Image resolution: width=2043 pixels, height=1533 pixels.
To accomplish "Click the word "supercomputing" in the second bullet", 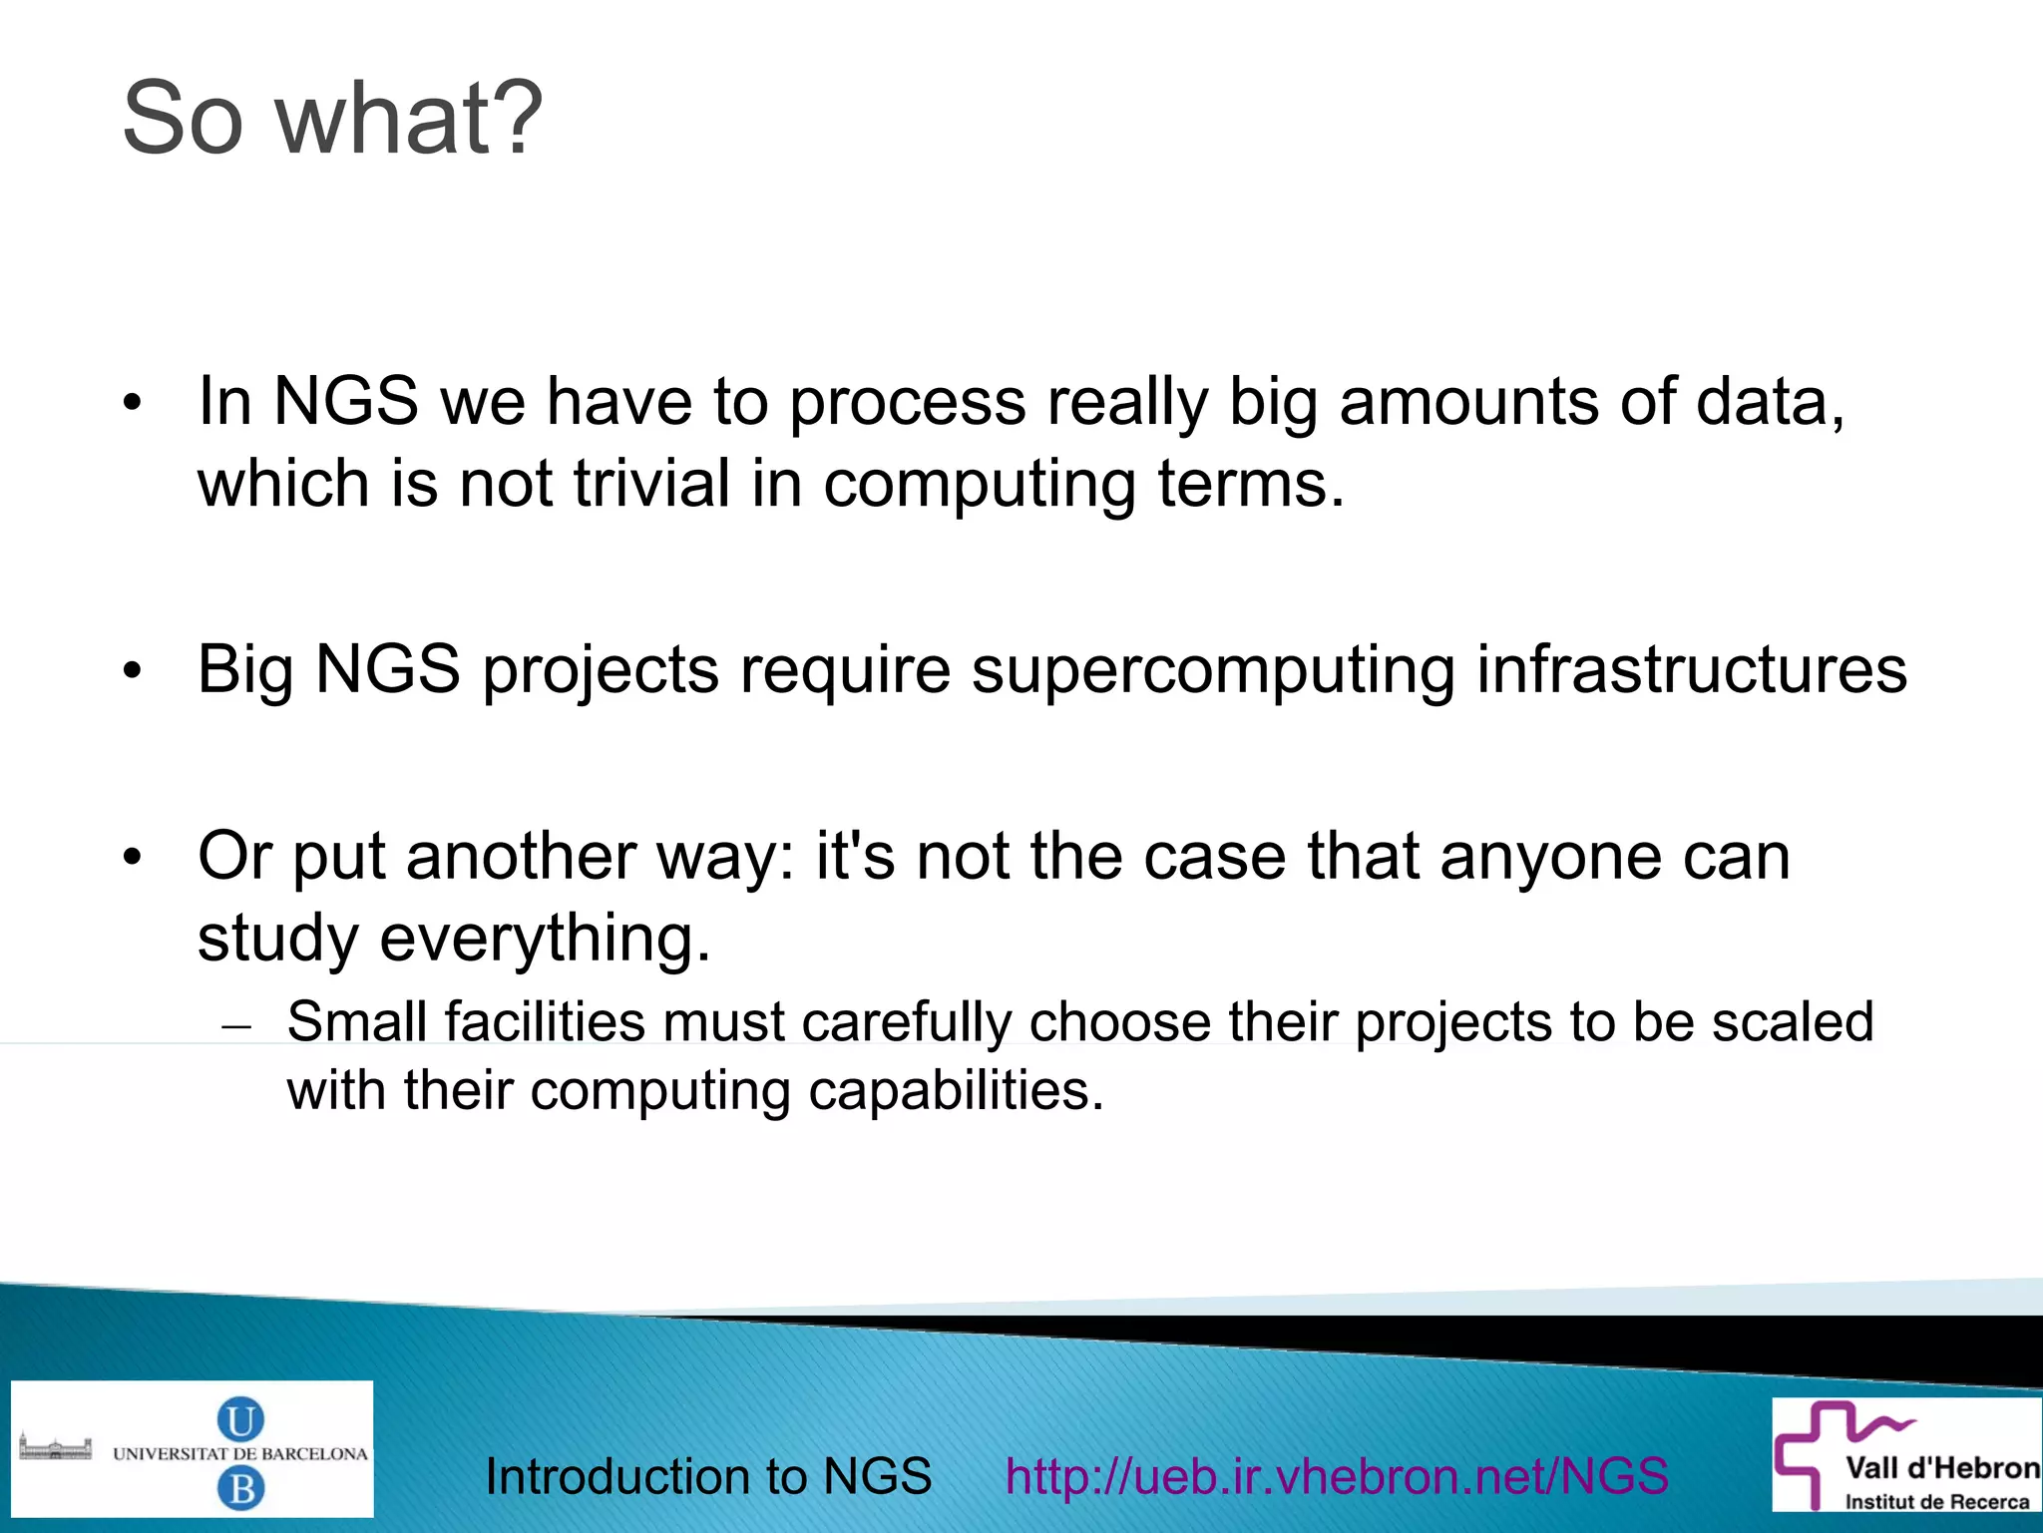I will [1213, 669].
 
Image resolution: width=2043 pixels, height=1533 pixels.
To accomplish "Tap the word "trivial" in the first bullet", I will [651, 485].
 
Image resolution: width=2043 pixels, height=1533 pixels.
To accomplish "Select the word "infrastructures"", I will [1691, 669].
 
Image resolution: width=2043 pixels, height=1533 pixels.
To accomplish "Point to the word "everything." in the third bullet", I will [545, 939].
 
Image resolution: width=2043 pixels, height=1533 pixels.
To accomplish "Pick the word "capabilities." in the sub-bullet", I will [956, 1090].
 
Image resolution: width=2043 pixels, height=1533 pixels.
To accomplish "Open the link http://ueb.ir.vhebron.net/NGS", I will [1337, 1476].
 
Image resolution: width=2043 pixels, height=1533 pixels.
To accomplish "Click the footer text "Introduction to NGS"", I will [708, 1476].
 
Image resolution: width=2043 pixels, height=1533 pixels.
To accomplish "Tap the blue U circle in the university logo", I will [240, 1418].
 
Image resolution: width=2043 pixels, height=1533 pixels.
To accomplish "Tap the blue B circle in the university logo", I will [240, 1489].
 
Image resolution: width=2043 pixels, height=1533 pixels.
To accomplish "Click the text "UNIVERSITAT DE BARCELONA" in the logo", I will [240, 1454].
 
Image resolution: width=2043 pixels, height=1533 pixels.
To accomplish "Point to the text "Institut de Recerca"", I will [1935, 1502].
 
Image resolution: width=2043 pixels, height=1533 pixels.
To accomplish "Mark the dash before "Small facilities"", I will [236, 1026].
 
